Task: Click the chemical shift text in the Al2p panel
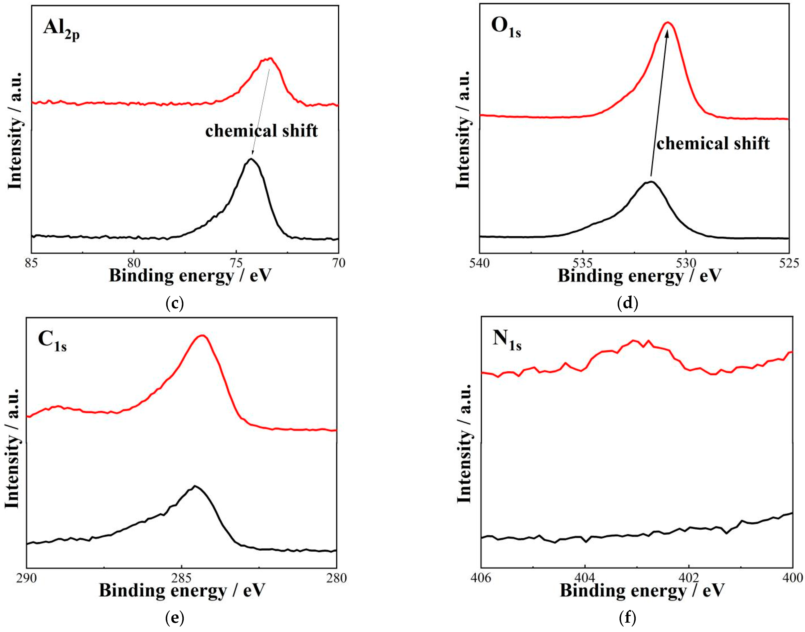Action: tap(261, 131)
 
